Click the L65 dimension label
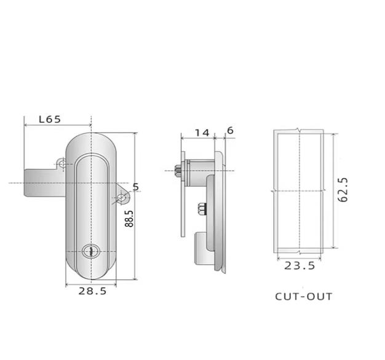50,119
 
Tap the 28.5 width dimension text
93,291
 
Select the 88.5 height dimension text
129,219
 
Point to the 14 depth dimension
202,133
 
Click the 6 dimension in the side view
230,131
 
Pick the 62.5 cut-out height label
343,190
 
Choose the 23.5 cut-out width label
300,266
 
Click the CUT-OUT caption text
303,297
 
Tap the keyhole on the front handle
91,251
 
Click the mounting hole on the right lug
121,197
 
